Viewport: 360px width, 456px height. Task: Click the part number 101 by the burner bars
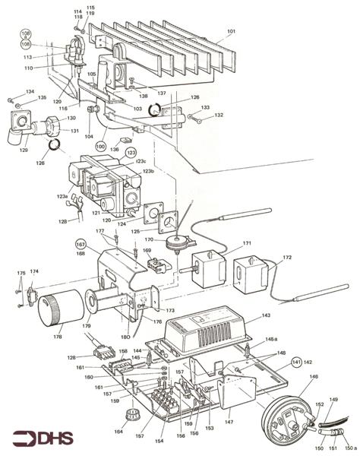pos(231,33)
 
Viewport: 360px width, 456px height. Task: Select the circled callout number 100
pos(100,144)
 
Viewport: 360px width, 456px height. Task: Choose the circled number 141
pos(296,363)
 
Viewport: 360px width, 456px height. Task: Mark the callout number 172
pos(286,258)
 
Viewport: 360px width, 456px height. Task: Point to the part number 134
pos(30,92)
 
